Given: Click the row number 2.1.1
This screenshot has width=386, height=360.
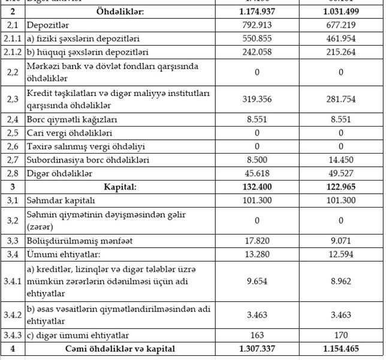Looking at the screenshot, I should click(x=12, y=39).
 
